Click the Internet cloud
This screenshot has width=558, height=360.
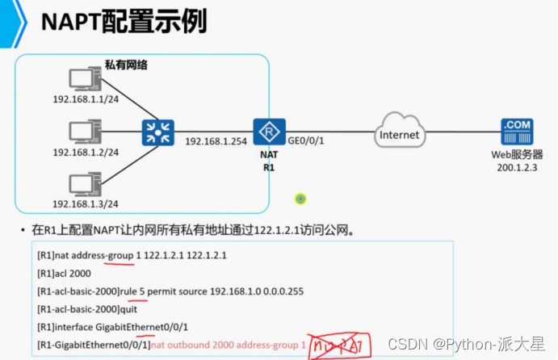[x=399, y=135]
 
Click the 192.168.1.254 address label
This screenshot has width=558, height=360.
[x=214, y=140]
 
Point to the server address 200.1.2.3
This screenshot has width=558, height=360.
[x=518, y=166]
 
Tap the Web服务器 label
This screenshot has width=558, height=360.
[x=518, y=154]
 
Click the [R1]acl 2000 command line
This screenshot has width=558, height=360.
[x=69, y=273]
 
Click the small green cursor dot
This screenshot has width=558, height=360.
[x=300, y=198]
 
